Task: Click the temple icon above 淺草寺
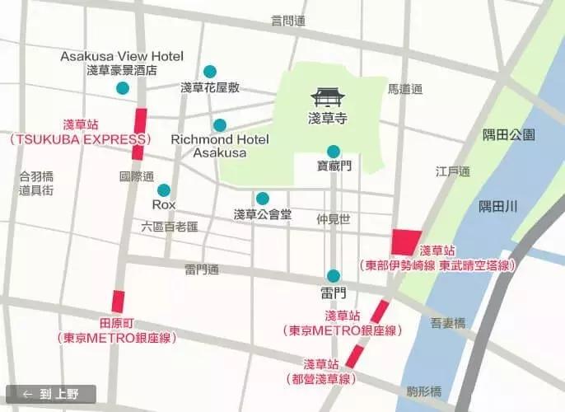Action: point(329,97)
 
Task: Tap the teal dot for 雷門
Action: point(333,276)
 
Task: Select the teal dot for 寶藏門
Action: point(333,151)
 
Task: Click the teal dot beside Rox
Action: point(164,190)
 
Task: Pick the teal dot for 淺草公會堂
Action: point(262,198)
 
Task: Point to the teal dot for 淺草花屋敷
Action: point(210,72)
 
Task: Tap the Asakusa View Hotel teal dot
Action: point(123,88)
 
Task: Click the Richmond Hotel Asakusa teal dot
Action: point(219,125)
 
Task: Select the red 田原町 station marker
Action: point(118,302)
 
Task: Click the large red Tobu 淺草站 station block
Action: point(406,242)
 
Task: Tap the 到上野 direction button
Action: point(51,394)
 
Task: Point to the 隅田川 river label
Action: point(500,208)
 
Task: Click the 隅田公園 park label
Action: point(509,134)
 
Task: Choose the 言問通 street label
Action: point(288,20)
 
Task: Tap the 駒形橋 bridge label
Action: point(424,391)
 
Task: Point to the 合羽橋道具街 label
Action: point(36,183)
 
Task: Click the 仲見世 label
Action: point(334,219)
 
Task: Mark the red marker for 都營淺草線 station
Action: point(354,356)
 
